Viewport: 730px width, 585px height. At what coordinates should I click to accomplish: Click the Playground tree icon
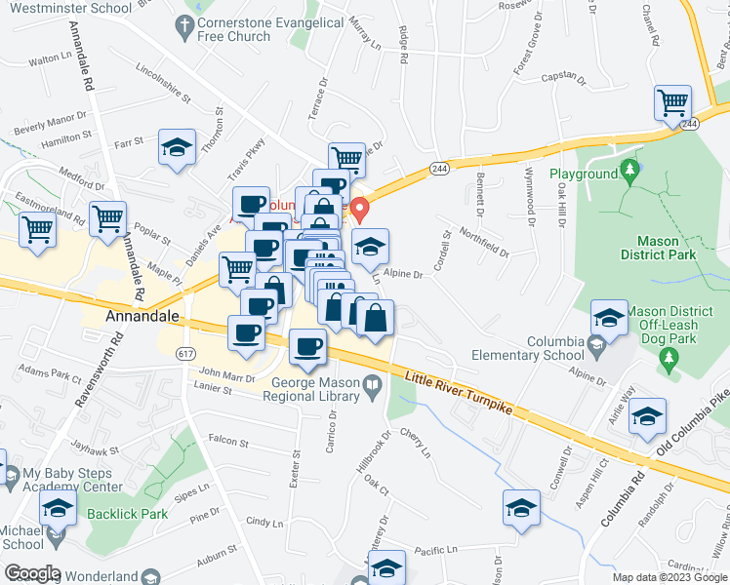click(630, 173)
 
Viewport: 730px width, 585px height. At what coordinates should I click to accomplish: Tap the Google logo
click(32, 573)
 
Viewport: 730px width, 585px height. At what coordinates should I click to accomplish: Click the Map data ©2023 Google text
click(669, 577)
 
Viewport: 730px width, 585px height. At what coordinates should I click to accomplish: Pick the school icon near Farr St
click(177, 148)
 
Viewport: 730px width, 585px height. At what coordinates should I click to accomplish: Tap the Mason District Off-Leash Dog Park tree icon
click(669, 362)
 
